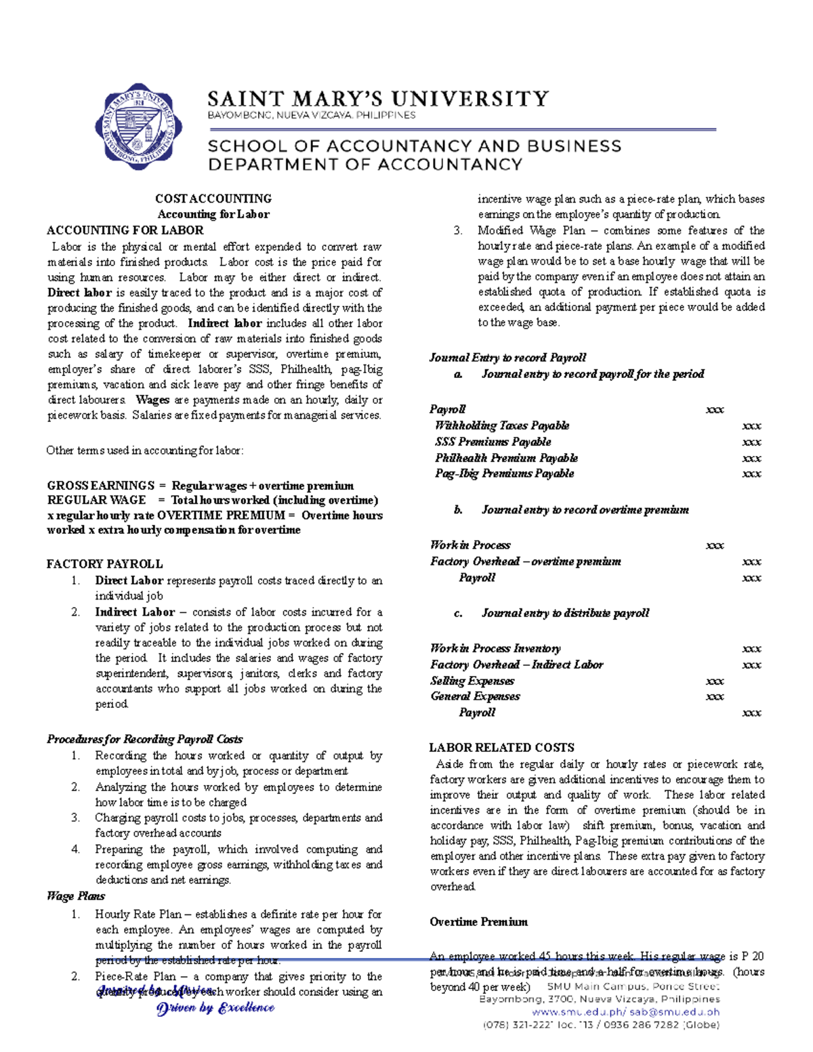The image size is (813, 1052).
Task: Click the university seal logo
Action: tap(139, 127)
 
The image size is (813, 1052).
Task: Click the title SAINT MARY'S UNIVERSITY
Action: tap(377, 99)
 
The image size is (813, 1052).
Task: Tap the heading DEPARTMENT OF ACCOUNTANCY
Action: tap(364, 165)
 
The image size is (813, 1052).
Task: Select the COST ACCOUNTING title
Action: tap(213, 198)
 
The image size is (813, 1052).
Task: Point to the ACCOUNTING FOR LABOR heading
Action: tap(125, 230)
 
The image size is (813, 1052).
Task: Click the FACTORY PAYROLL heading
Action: tap(104, 564)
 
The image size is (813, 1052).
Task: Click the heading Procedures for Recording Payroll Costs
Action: tap(144, 739)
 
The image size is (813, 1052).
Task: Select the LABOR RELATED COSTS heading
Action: tap(501, 748)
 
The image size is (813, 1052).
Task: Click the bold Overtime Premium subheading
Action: tap(478, 922)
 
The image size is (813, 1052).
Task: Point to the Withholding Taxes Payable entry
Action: tap(502, 425)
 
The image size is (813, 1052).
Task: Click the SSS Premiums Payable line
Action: tap(493, 442)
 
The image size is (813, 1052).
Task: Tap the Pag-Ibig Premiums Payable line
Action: tap(504, 474)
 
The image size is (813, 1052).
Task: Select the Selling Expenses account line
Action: tap(472, 681)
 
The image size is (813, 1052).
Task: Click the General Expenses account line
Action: tap(475, 696)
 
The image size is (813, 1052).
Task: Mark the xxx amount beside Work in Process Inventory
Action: tap(751, 648)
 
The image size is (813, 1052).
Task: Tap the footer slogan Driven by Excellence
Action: tap(215, 1008)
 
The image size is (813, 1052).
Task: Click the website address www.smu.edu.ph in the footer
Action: tap(578, 1012)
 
